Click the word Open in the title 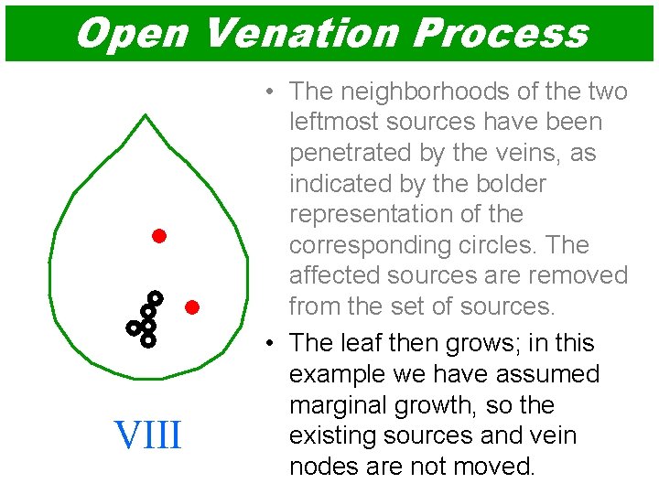(132, 33)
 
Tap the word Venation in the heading (298, 33)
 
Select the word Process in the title (500, 33)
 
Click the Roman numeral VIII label (147, 435)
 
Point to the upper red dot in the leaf (158, 236)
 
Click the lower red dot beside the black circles (191, 306)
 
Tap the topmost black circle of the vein (156, 297)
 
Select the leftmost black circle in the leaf (134, 327)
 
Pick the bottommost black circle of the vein (148, 340)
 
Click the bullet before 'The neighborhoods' (270, 91)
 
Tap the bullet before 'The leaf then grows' (270, 343)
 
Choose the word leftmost (335, 122)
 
